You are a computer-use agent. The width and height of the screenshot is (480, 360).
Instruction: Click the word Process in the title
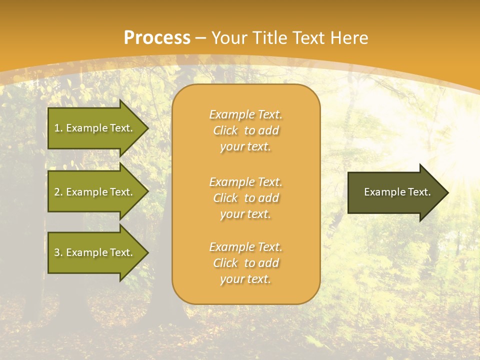click(x=157, y=38)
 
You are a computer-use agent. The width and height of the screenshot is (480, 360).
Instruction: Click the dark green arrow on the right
click(x=395, y=192)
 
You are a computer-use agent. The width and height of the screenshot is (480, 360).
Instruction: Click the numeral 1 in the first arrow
click(x=57, y=128)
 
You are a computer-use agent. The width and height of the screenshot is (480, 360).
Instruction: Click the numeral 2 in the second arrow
click(x=57, y=192)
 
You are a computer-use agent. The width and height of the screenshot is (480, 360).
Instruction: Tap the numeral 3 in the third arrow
click(x=57, y=252)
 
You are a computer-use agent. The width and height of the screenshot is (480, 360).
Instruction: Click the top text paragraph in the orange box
click(x=246, y=130)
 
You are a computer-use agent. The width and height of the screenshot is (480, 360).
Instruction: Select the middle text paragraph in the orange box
click(x=246, y=198)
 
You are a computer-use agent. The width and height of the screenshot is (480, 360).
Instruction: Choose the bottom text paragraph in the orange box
click(x=246, y=263)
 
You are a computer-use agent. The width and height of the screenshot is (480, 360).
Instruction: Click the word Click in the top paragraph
click(x=225, y=130)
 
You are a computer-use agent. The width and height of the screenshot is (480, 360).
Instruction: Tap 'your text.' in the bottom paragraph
click(x=245, y=279)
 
